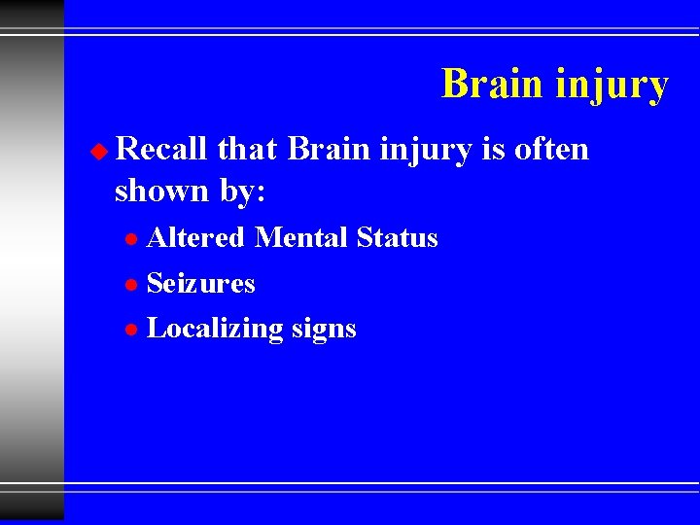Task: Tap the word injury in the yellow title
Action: (612, 86)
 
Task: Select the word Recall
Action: (160, 149)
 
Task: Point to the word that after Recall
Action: (248, 149)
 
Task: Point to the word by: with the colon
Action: (242, 192)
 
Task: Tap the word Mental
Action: (301, 237)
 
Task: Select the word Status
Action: (398, 237)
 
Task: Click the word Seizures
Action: (200, 283)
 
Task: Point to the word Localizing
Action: (215, 330)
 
